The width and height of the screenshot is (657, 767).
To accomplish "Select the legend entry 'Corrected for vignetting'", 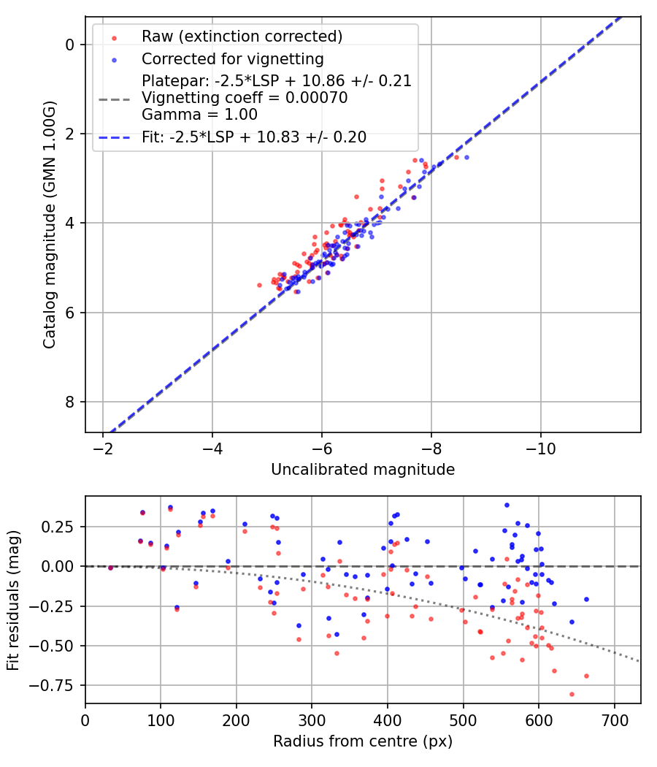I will click(232, 58).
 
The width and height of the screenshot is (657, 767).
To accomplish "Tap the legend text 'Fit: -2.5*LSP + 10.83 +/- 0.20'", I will click(254, 137).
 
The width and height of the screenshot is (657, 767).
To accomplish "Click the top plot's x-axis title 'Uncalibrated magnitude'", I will click(363, 470).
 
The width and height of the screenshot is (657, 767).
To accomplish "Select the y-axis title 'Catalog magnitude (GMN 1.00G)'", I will click(50, 225).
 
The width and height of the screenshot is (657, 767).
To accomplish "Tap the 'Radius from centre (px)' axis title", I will click(363, 741).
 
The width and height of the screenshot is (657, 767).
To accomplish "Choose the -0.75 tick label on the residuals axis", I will click(58, 685).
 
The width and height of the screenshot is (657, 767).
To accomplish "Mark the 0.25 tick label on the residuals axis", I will click(61, 527).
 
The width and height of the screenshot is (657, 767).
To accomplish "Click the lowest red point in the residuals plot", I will click(572, 694).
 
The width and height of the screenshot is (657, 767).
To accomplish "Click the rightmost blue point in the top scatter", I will click(466, 157).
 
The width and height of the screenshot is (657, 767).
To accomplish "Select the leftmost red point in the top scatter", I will click(259, 285).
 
